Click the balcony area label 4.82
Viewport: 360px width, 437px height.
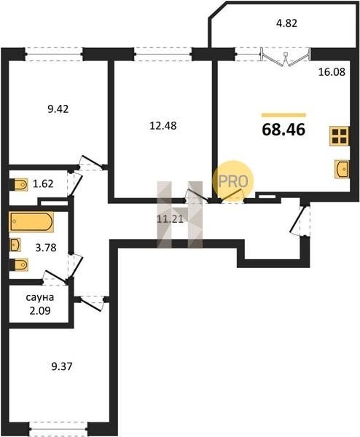pyautogui.click(x=286, y=23)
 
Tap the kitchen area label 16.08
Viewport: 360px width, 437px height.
pyautogui.click(x=332, y=72)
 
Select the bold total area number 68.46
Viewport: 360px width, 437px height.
pyautogui.click(x=284, y=130)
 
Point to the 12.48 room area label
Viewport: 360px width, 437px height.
pyautogui.click(x=163, y=126)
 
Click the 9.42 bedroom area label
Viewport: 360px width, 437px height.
pyautogui.click(x=58, y=109)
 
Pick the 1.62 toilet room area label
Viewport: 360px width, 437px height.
pyautogui.click(x=43, y=184)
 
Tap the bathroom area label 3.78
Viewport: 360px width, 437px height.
pyautogui.click(x=46, y=247)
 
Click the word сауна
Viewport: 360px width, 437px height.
pyautogui.click(x=40, y=297)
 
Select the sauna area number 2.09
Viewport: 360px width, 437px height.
pyautogui.click(x=40, y=310)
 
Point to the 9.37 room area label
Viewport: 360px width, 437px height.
pyautogui.click(x=62, y=366)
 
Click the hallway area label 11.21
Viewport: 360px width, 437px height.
pyautogui.click(x=170, y=219)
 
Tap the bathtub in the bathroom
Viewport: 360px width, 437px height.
pyautogui.click(x=31, y=222)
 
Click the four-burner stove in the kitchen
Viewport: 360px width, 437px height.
pyautogui.click(x=339, y=136)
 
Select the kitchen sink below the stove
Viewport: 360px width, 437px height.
pyautogui.click(x=342, y=169)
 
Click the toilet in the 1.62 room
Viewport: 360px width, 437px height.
pyautogui.click(x=20, y=184)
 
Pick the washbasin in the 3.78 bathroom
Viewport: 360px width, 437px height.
pyautogui.click(x=15, y=245)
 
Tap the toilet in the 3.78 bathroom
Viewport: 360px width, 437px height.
pyautogui.click(x=20, y=265)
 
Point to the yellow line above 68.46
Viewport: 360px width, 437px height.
pyautogui.click(x=284, y=115)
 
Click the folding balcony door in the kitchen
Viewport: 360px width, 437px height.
pyautogui.click(x=285, y=58)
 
